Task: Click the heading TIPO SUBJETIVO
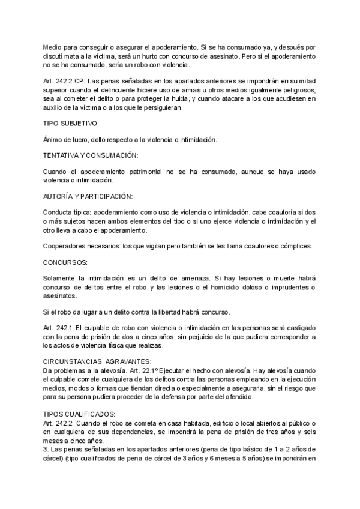(70, 124)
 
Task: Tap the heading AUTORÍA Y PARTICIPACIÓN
(88, 196)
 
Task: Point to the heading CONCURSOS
(65, 262)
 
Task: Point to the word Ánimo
(54, 139)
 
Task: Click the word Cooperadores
(65, 246)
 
